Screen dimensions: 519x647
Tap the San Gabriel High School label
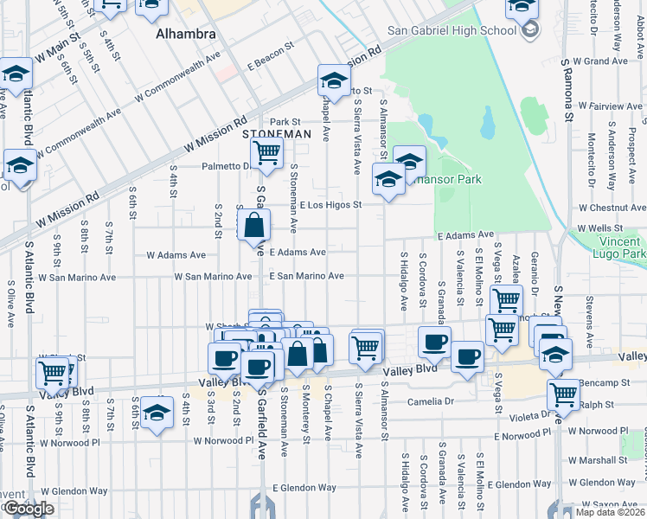(451, 31)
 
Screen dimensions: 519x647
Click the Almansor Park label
(450, 179)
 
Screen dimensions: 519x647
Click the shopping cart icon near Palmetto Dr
(267, 154)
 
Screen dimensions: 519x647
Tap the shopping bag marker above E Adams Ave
(254, 227)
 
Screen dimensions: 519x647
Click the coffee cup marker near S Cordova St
(434, 342)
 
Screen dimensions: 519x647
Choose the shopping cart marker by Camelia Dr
(563, 394)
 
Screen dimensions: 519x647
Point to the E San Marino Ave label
(306, 276)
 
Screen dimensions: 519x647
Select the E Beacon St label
(273, 65)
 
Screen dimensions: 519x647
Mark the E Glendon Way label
(304, 488)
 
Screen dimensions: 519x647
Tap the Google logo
(29, 509)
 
